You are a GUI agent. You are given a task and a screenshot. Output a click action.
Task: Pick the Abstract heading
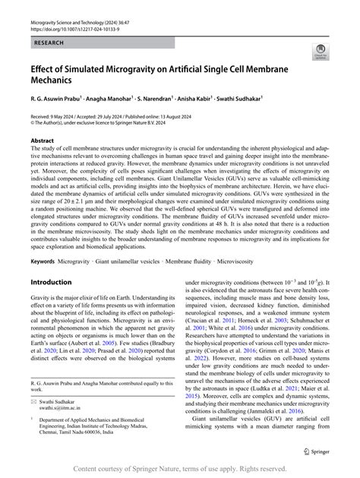(x=43, y=141)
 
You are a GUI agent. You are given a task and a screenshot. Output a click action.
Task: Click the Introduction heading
(x=50, y=260)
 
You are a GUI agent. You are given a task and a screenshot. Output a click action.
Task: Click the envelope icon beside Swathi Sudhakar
(x=33, y=405)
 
